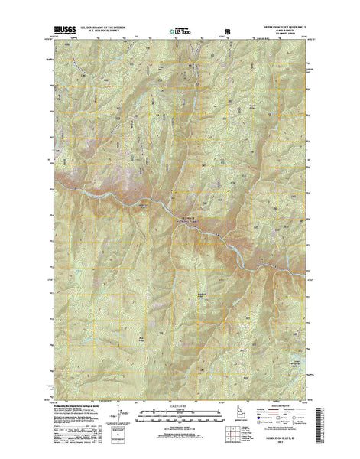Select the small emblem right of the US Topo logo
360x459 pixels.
pyautogui.click(x=224, y=32)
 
